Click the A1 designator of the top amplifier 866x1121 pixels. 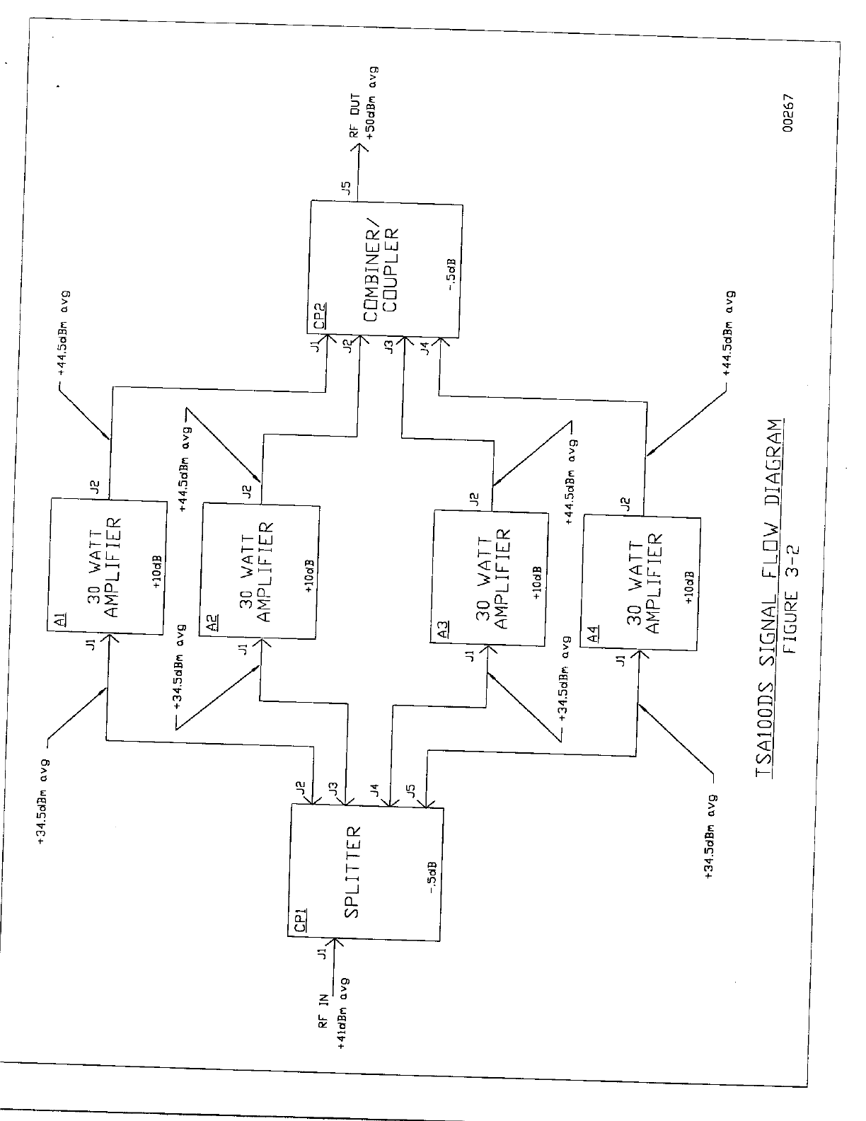(x=61, y=621)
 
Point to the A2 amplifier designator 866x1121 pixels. (x=212, y=621)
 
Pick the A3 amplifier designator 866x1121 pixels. (x=441, y=629)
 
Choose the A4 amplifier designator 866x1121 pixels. (x=593, y=635)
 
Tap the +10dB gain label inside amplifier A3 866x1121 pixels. (x=538, y=582)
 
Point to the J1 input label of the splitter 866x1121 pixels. (x=322, y=953)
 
